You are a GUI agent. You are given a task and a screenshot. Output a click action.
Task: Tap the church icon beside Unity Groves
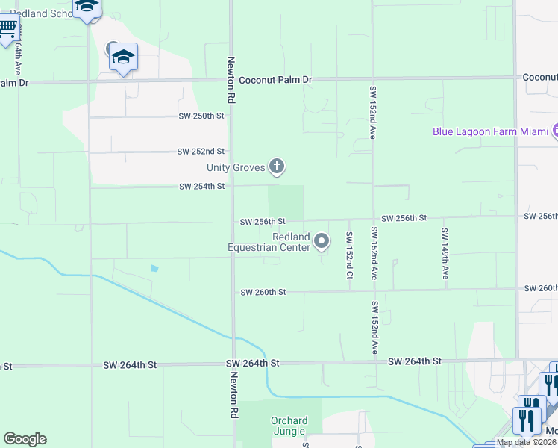pos(277,166)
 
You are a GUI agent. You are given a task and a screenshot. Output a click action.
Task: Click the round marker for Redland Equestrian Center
pos(322,240)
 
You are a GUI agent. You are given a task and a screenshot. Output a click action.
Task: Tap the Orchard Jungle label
pos(288,426)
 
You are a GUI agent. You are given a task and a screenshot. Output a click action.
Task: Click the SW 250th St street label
pos(201,116)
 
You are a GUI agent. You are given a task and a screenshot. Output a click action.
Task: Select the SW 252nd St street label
pos(201,151)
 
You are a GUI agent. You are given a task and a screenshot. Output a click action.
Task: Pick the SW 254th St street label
pos(201,187)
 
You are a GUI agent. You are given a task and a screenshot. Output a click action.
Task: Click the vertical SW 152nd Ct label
pos(348,255)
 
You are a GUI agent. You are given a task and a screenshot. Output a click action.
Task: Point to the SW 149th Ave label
pos(445,254)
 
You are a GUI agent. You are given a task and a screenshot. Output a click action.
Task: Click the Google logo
pos(25,439)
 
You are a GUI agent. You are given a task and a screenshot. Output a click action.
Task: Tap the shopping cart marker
pos(7,28)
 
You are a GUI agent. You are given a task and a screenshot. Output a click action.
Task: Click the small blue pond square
pos(154,268)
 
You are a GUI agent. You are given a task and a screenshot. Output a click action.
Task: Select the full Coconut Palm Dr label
pos(275,79)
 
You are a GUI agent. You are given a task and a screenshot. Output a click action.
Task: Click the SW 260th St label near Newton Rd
pos(263,293)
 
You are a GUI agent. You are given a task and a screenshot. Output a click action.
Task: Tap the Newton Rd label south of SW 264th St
pos(233,395)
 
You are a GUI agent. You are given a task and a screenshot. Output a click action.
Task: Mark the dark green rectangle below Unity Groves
pos(286,202)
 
